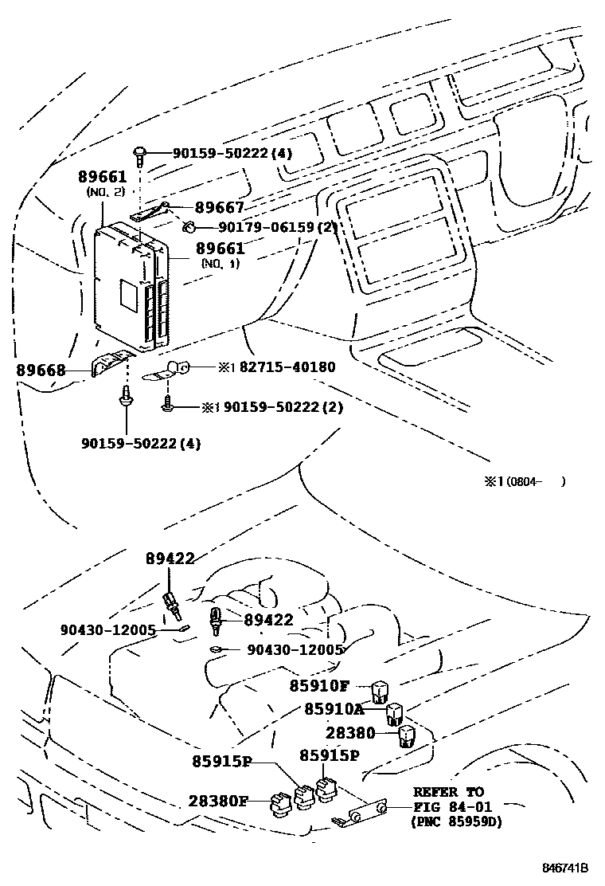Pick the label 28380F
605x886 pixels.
coord(218,801)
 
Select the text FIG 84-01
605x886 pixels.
coord(447,807)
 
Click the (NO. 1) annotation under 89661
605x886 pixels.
coord(220,263)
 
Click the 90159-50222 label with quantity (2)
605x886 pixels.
coord(283,407)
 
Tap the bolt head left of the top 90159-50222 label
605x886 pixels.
coord(140,151)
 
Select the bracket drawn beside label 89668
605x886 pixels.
coord(110,364)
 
